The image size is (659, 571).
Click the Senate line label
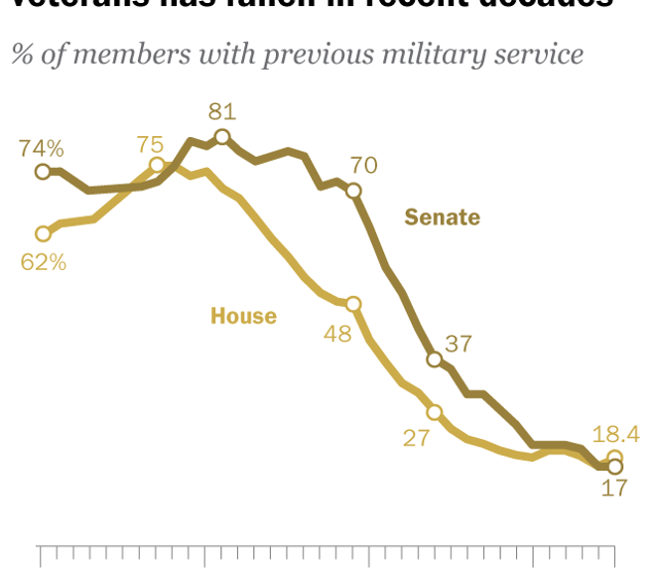[x=442, y=217]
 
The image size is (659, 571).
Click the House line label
[x=243, y=317]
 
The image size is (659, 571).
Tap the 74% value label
[x=42, y=149]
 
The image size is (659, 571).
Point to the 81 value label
[x=221, y=111]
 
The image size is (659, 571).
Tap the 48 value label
[x=337, y=334]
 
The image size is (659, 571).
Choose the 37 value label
[x=458, y=345]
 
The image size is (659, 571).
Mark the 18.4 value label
[x=614, y=433]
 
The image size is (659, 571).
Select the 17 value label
[x=614, y=489]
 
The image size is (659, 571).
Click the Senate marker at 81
[x=222, y=137]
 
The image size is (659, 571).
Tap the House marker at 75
[x=157, y=165]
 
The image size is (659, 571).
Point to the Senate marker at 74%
[x=43, y=172]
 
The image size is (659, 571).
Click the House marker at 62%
[x=43, y=234]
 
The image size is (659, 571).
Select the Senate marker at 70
[x=353, y=191]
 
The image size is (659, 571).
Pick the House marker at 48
[x=353, y=304]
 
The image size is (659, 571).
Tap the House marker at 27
[x=435, y=412]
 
